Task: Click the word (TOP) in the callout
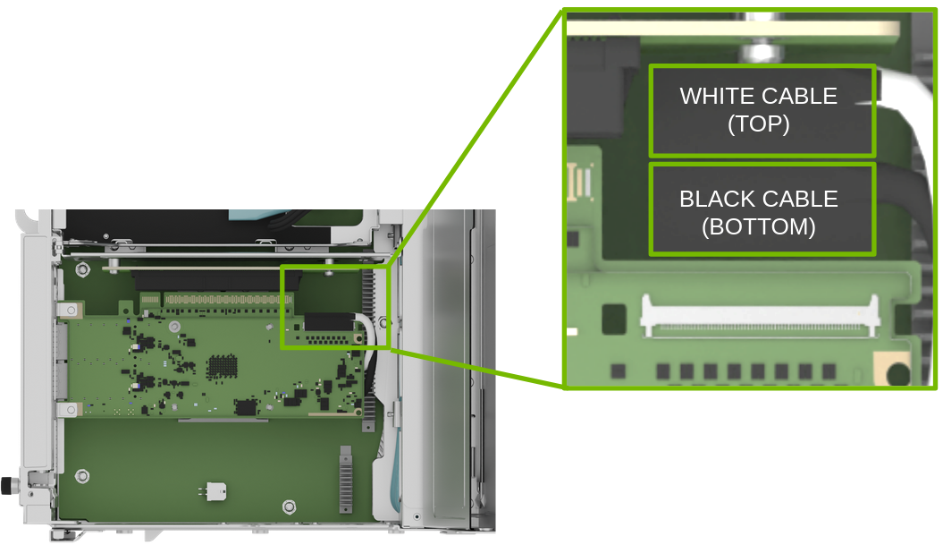tap(759, 124)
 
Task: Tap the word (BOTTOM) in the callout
tap(759, 227)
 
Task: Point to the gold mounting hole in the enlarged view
tap(893, 366)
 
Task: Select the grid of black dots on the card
tap(222, 366)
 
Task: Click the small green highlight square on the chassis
tap(335, 306)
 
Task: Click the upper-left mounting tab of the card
tap(69, 310)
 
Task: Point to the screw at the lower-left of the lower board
tap(83, 475)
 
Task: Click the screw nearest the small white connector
tap(288, 507)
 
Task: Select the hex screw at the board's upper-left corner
tap(82, 268)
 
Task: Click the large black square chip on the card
tap(246, 407)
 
